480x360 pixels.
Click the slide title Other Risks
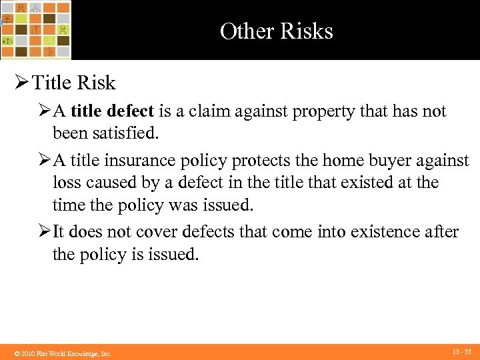276,31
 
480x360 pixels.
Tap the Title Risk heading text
74,83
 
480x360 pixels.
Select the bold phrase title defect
112,111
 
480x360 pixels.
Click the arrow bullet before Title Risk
21,83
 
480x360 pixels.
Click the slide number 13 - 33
461,351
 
